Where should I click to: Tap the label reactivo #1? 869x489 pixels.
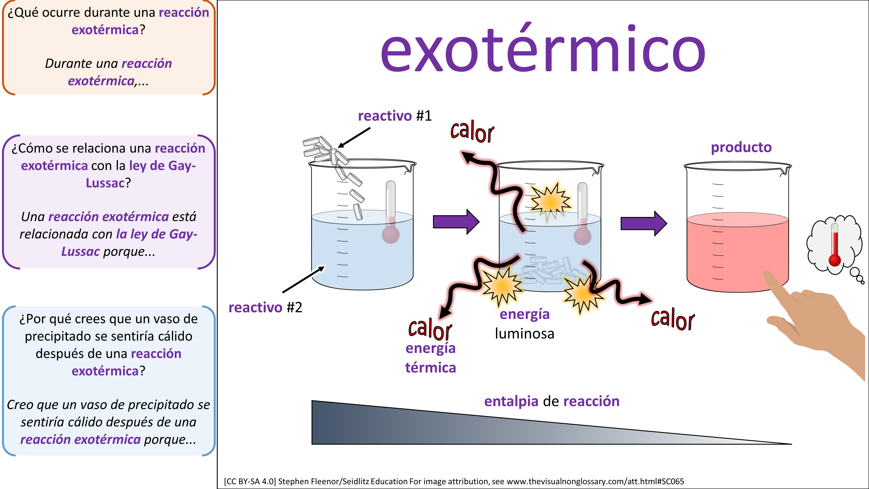pyautogui.click(x=395, y=116)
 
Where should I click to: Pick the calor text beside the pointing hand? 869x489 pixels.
pyautogui.click(x=673, y=319)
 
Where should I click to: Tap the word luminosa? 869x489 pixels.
pyautogui.click(x=525, y=334)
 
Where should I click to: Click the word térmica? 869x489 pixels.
pyautogui.click(x=430, y=368)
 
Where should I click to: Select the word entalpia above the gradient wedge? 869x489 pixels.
pyautogui.click(x=511, y=401)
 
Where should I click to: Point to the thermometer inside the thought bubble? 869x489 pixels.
pyautogui.click(x=835, y=246)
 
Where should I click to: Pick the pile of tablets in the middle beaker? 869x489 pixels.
pyautogui.click(x=550, y=272)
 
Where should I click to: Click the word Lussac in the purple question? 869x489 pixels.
pyautogui.click(x=105, y=183)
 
